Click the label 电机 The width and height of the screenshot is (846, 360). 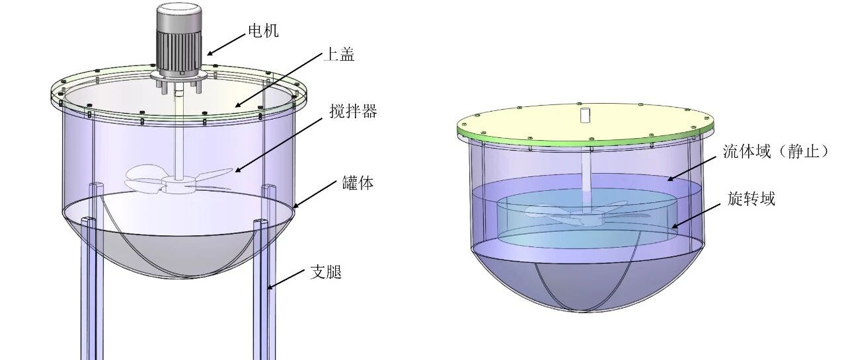[262, 30]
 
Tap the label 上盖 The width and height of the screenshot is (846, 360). [338, 55]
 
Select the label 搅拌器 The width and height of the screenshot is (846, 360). [353, 111]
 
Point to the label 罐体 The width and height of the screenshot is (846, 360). [358, 183]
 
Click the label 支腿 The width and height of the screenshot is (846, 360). [326, 271]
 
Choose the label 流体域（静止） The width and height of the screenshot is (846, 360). [775, 152]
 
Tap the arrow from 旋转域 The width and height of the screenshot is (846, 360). [698, 213]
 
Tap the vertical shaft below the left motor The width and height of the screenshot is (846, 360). [176, 132]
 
